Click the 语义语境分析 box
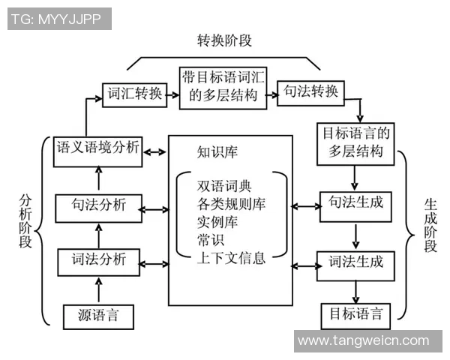pos(97,148)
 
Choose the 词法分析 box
pos(98,262)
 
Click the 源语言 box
pos(98,315)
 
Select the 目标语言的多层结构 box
pos(357,142)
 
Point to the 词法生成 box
pos(356,262)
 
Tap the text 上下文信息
pos(231,260)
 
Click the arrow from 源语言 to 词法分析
pos(98,289)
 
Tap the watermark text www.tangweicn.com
pos(363,341)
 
